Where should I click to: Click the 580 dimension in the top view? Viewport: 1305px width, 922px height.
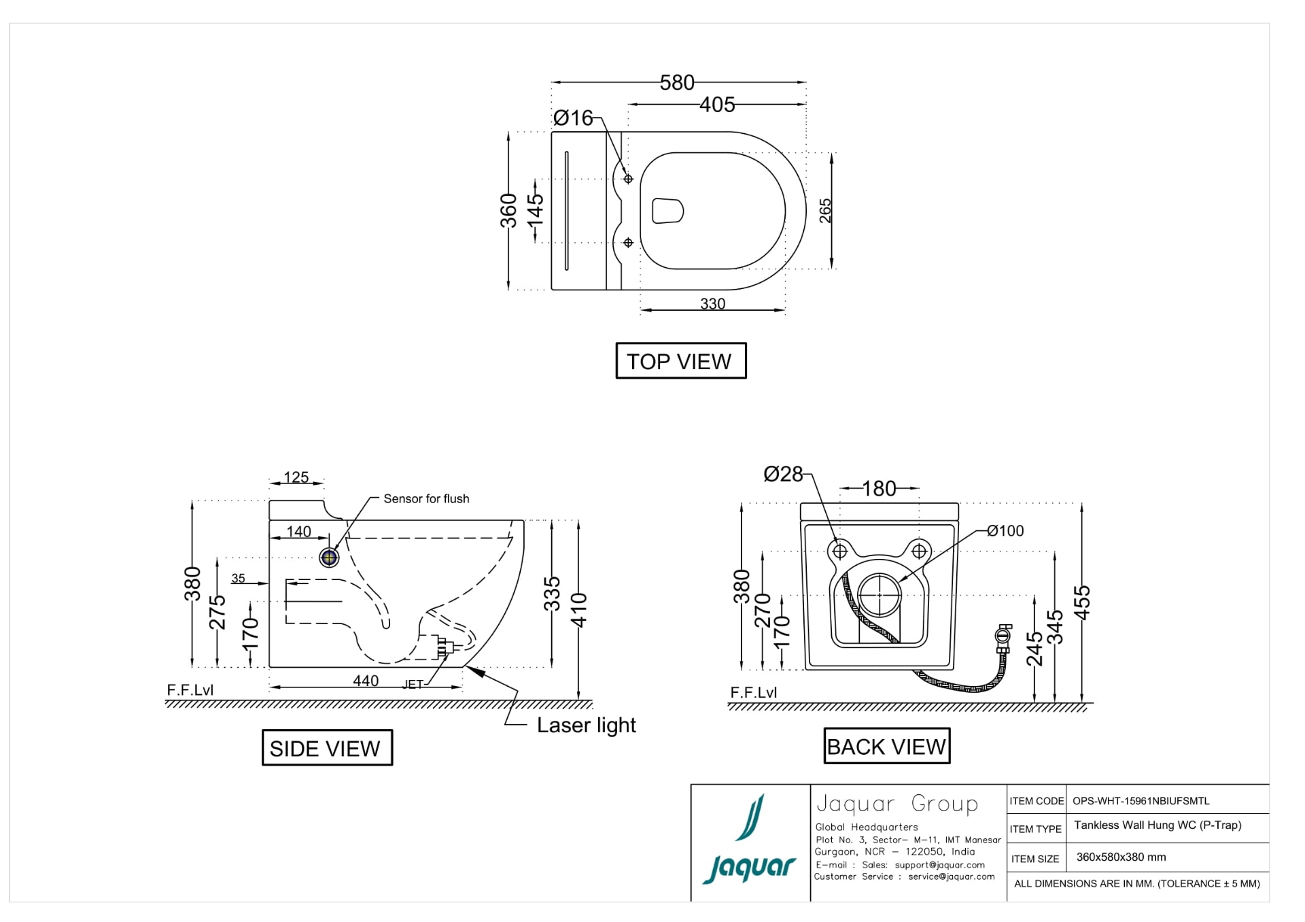(677, 83)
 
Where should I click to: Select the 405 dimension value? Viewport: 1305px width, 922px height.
(717, 105)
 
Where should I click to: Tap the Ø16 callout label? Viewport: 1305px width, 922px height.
(573, 118)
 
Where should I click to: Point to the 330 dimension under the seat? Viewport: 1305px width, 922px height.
(713, 304)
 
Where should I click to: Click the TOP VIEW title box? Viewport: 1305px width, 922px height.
(680, 361)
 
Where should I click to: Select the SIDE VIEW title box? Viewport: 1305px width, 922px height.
(327, 748)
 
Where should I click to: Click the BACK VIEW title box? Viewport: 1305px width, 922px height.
(886, 747)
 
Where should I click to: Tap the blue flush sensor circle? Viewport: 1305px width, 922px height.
(330, 558)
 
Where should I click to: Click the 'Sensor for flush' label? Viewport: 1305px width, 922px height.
(426, 499)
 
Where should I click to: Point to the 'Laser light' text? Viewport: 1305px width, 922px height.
(586, 725)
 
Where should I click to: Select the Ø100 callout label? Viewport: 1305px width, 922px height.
(1005, 531)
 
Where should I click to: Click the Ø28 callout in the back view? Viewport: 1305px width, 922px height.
(783, 474)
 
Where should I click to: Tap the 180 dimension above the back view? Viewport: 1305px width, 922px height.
(879, 489)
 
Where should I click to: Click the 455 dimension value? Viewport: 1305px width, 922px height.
(1081, 602)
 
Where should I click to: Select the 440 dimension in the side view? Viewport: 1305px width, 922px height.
(366, 681)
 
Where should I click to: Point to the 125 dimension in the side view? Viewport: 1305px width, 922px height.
(296, 477)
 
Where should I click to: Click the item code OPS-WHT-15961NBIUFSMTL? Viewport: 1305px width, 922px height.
(1141, 801)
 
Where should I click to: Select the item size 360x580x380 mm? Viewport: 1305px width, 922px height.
(1121, 857)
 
